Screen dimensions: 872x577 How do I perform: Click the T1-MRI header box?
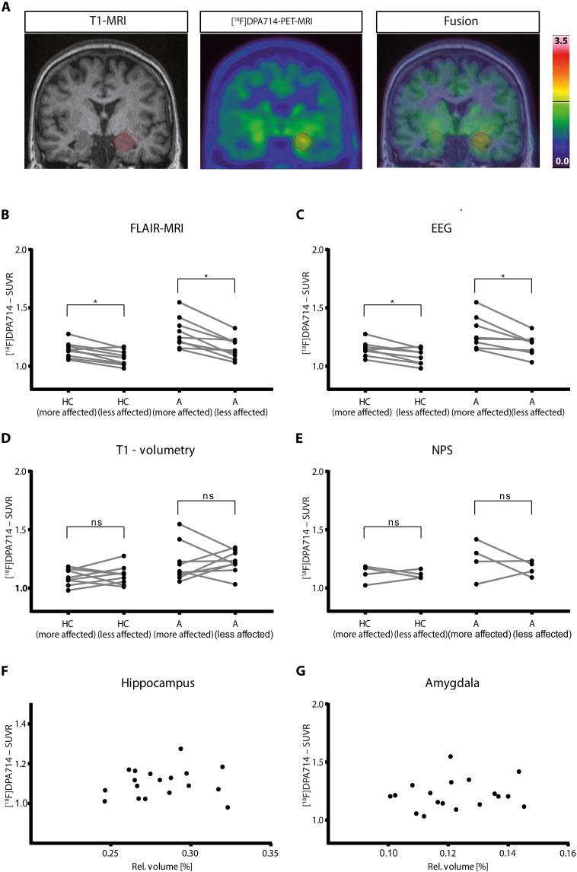[101, 21]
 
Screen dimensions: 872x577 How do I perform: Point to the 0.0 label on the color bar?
[560, 161]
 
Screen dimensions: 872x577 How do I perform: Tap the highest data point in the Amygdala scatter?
[451, 756]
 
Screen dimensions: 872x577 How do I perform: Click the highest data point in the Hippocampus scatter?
[180, 749]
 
